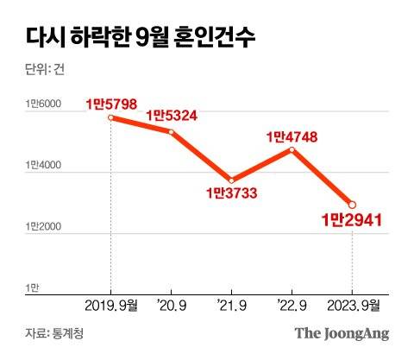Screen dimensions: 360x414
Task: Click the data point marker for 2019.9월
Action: click(111, 117)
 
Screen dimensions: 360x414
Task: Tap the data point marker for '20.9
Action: click(172, 131)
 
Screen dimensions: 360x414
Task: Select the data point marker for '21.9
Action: click(232, 180)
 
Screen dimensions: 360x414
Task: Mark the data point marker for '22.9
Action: click(292, 149)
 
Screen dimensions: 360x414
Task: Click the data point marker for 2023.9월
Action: click(352, 205)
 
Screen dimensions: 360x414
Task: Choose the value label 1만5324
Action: click(172, 116)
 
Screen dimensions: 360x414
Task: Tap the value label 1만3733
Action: click(232, 194)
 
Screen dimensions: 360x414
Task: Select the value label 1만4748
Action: click(293, 136)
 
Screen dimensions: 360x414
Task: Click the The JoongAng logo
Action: click(342, 333)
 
